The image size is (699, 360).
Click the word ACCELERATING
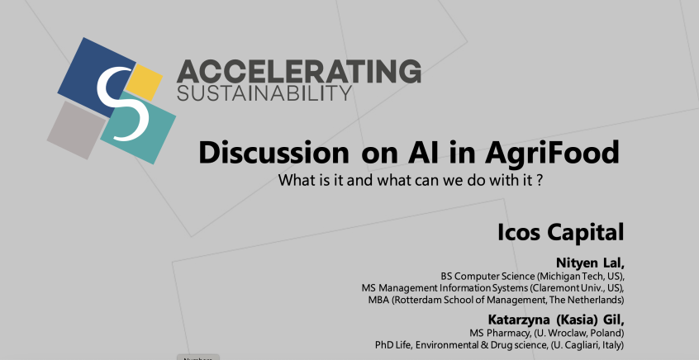pos(298,71)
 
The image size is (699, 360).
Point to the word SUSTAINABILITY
pos(264,93)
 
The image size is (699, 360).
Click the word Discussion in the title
pos(273,153)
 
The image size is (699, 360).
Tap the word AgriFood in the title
pos(552,154)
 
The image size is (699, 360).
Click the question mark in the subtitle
pos(540,181)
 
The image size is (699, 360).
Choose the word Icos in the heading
pos(518,232)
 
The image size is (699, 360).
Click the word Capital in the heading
pos(585,233)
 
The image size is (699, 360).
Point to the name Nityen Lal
pos(589,263)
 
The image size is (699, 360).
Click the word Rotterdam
pos(415,300)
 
